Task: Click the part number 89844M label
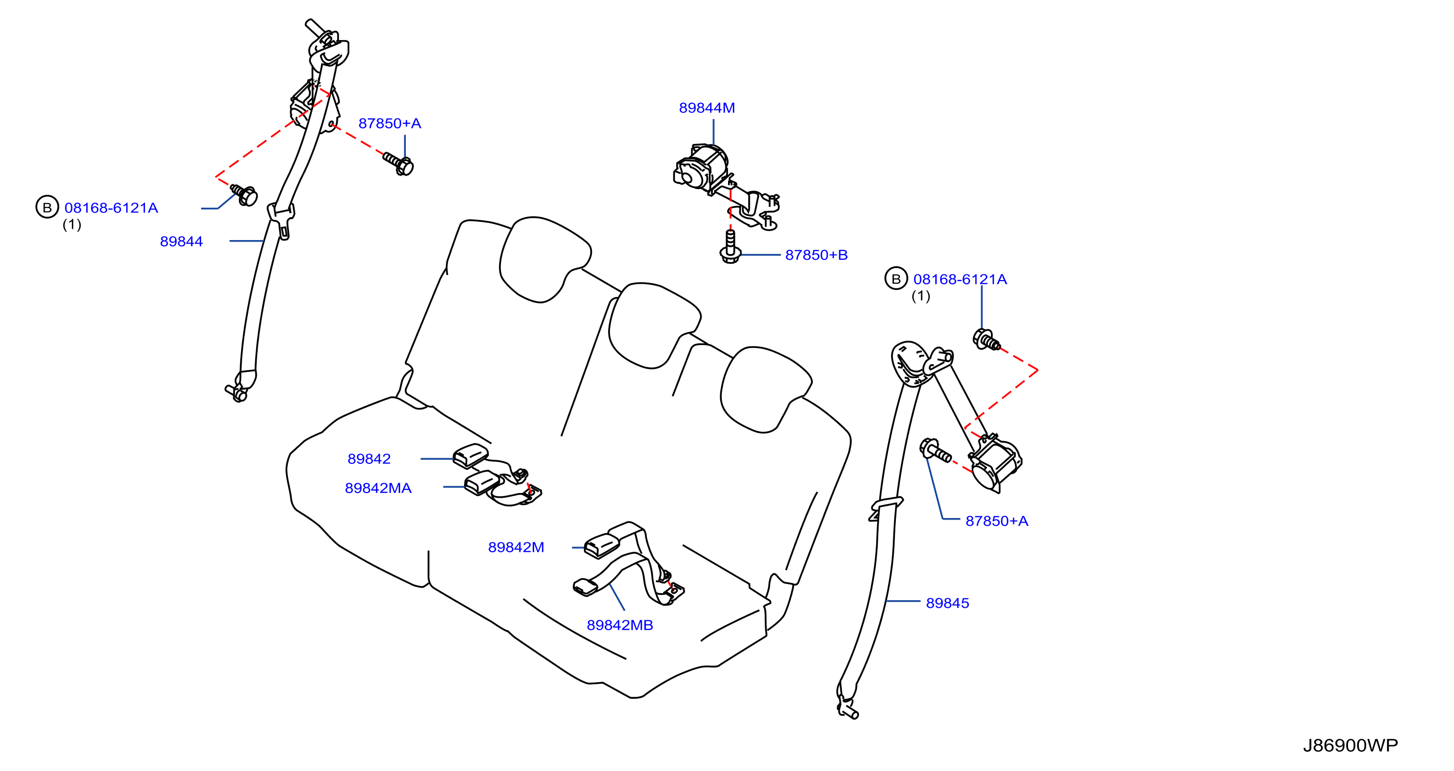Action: (707, 108)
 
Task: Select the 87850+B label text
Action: (816, 255)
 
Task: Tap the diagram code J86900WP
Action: (1351, 746)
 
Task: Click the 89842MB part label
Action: (620, 626)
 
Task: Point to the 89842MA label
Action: (378, 488)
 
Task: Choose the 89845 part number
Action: (948, 603)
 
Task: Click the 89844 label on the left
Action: (181, 242)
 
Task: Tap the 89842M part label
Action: (516, 548)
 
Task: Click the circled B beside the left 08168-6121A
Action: (47, 207)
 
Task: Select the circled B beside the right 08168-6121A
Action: (896, 278)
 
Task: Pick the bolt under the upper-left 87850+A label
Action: (399, 163)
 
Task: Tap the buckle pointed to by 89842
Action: (470, 456)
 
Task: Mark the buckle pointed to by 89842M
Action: (602, 545)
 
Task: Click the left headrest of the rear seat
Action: (544, 259)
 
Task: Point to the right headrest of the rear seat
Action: (766, 389)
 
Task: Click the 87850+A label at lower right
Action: (997, 522)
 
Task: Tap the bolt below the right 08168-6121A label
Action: (987, 340)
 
